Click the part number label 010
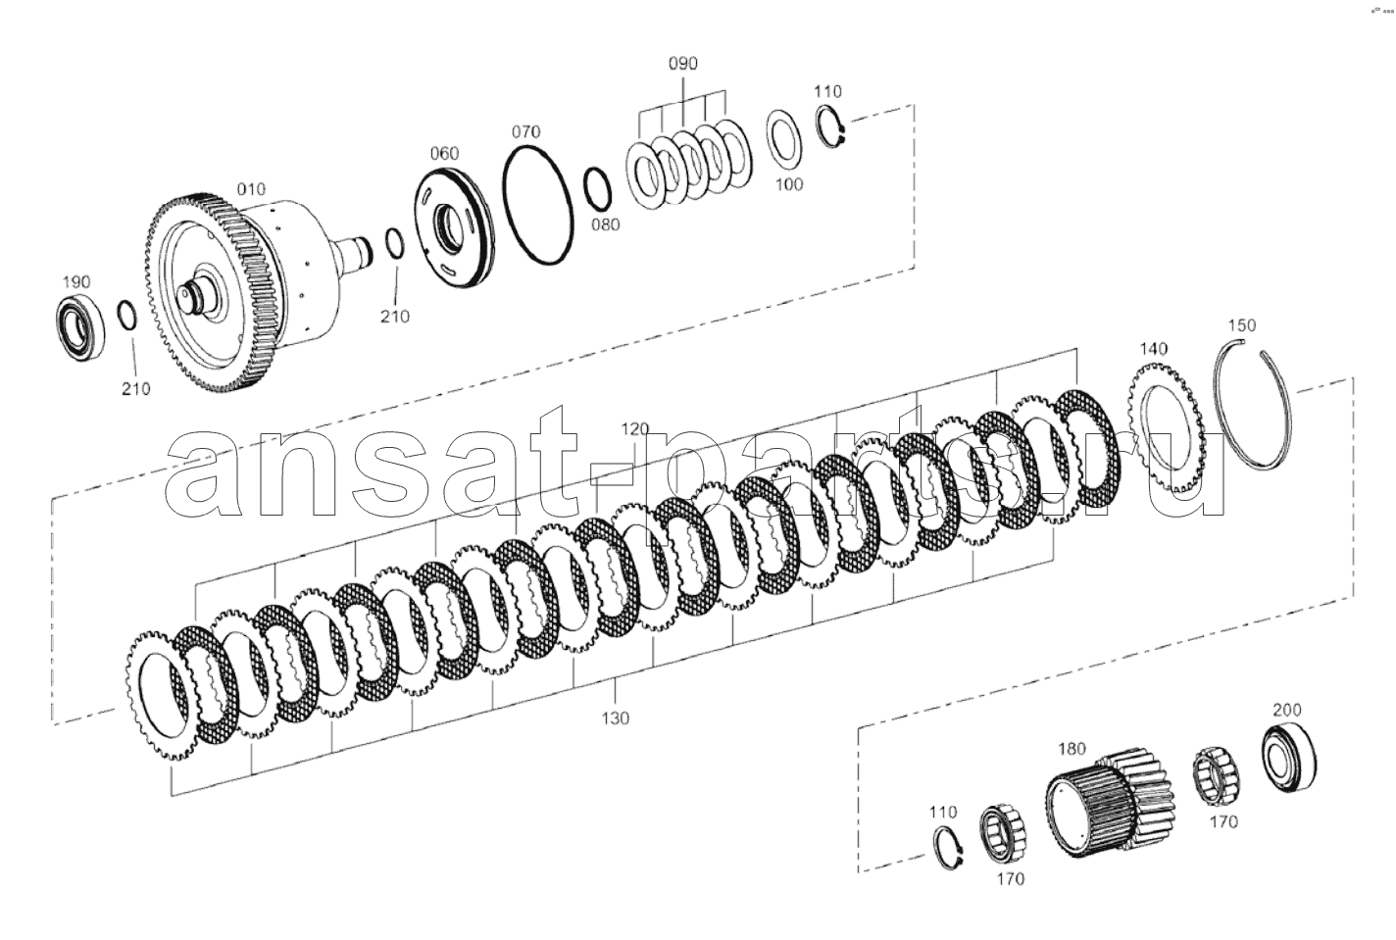click(x=251, y=189)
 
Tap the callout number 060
click(x=444, y=153)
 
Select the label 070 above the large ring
click(x=526, y=132)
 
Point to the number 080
click(x=605, y=224)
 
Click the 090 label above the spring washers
click(x=683, y=64)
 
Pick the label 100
click(x=789, y=184)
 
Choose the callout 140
click(x=1154, y=349)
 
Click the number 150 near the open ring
click(x=1242, y=325)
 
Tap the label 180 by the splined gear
click(x=1072, y=749)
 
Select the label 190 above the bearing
click(x=76, y=282)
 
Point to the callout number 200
click(x=1287, y=710)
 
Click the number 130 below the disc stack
click(x=615, y=718)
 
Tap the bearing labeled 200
click(x=1289, y=758)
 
